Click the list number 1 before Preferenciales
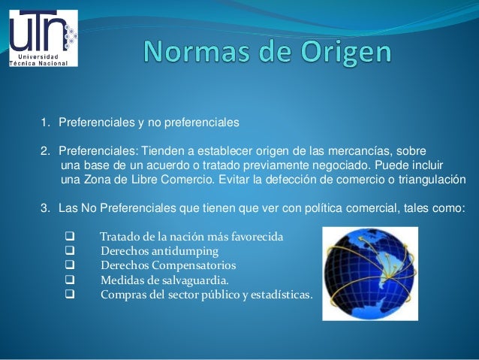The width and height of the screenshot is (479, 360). [x=44, y=120]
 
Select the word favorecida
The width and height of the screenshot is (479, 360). [x=254, y=237]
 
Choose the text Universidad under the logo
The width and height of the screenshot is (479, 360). [x=41, y=57]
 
